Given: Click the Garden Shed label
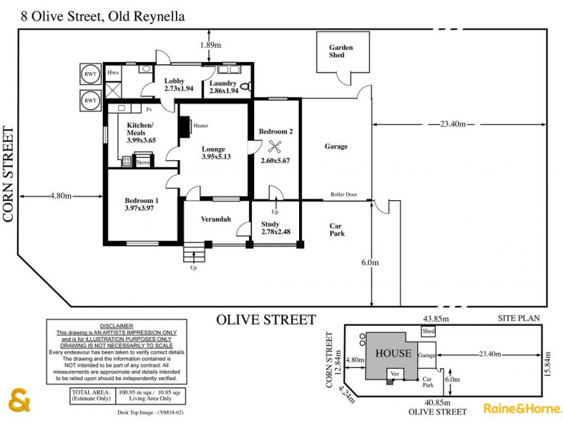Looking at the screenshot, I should click(341, 51).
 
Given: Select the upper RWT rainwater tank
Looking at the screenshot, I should click(90, 74).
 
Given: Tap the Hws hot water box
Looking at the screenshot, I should click(113, 73).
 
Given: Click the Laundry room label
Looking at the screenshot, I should click(222, 83).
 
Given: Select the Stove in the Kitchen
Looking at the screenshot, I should click(143, 161).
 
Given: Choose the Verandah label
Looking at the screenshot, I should click(216, 219).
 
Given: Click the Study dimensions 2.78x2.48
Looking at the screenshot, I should click(275, 231).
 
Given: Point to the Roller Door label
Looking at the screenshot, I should click(344, 195).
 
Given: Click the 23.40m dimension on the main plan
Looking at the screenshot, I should click(453, 124).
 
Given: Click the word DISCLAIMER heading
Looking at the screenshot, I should click(116, 326).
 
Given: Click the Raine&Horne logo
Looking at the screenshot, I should click(521, 407).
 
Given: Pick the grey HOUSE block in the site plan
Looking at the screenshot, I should click(392, 352).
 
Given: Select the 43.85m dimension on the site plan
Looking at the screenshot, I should click(436, 319).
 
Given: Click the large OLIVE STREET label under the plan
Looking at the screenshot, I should click(265, 320).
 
